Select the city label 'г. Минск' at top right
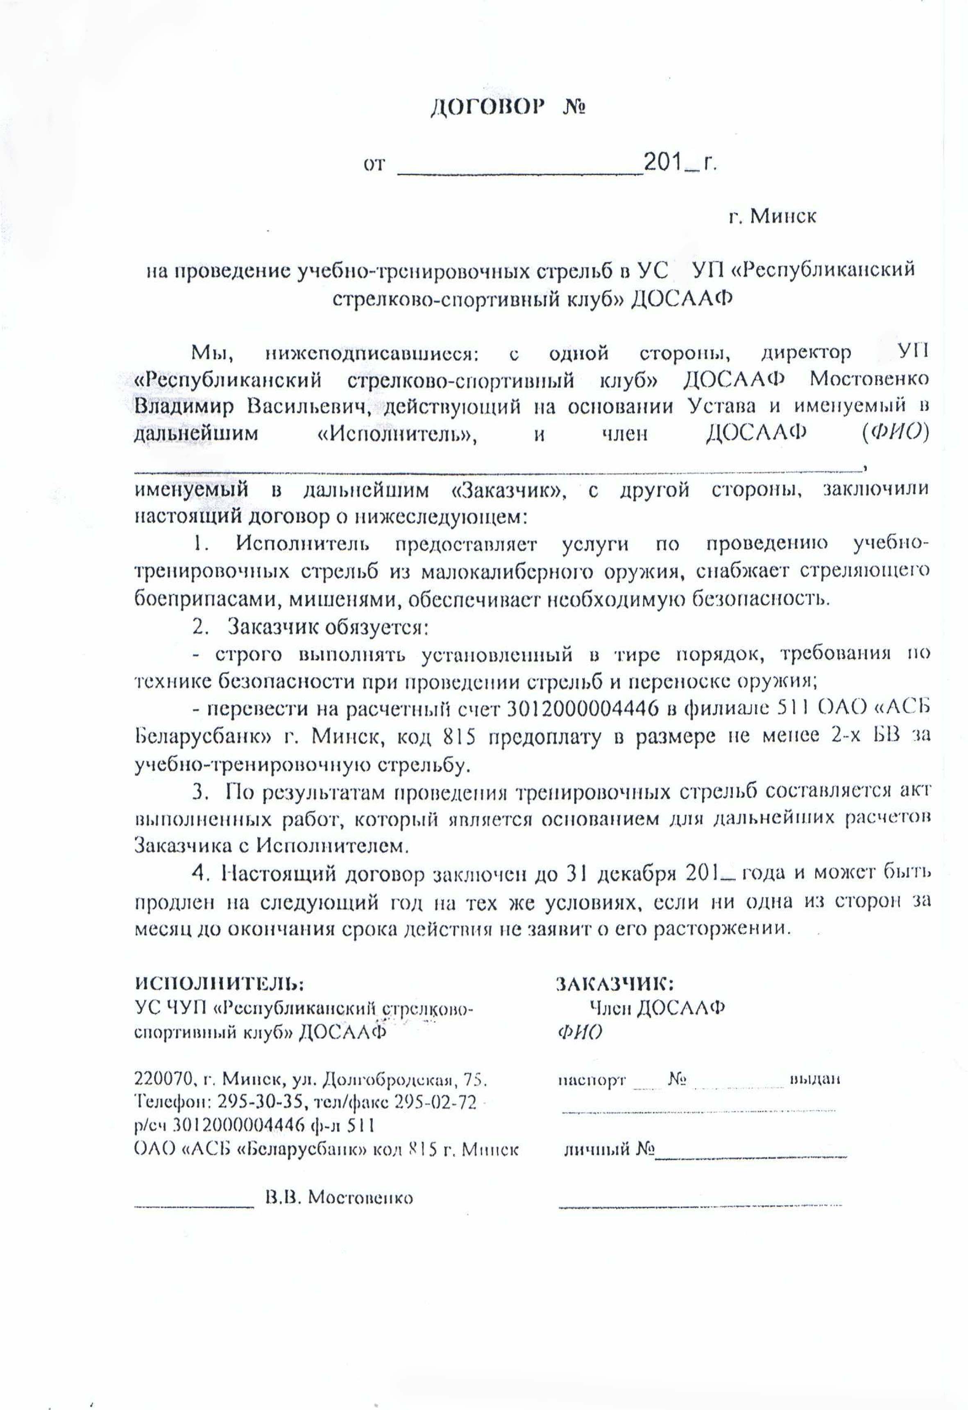(773, 216)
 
